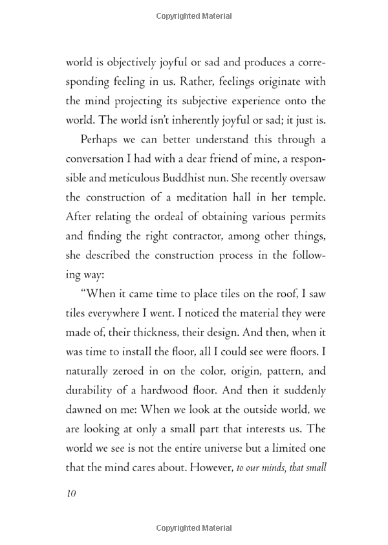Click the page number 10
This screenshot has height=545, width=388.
coord(70,494)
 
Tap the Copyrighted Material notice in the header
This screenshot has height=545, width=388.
coord(193,13)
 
